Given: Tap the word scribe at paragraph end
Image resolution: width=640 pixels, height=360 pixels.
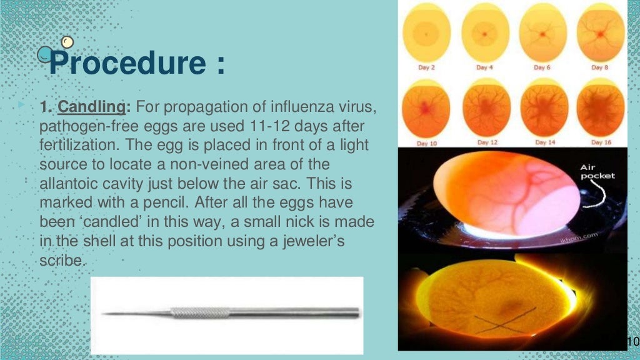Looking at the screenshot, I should [x=60, y=261].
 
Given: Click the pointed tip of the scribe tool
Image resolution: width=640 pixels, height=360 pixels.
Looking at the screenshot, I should [x=104, y=313].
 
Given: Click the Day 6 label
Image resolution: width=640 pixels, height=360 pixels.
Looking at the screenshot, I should [x=541, y=67].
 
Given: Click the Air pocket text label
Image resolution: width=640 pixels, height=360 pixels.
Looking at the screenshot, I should [x=598, y=171].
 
